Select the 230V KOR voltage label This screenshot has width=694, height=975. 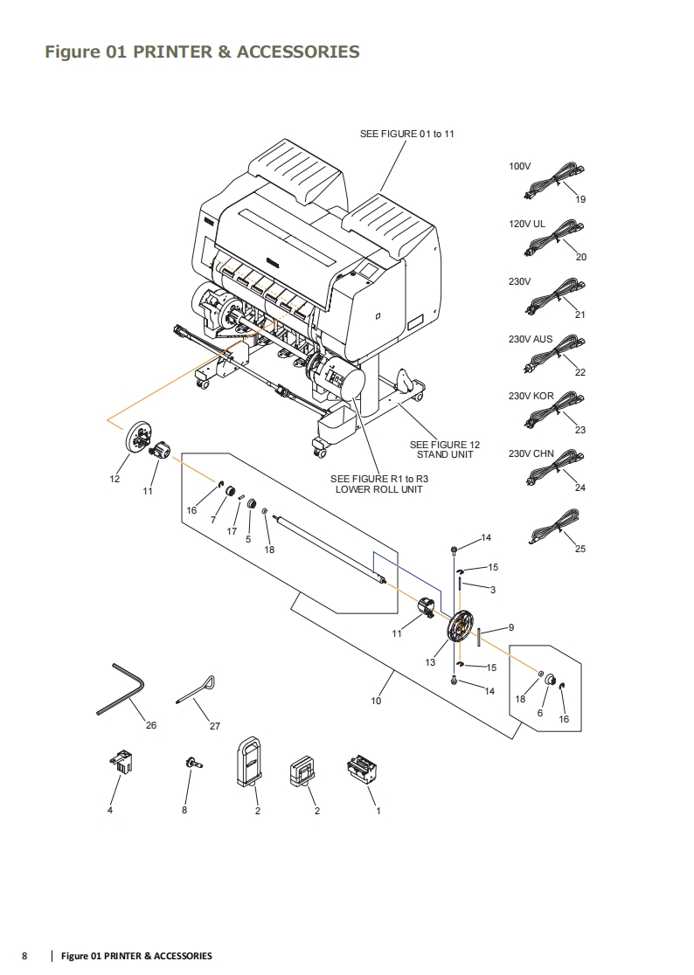point(531,396)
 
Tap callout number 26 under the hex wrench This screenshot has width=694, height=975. point(151,725)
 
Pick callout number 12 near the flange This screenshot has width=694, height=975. point(115,478)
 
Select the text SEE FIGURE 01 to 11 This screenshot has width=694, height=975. point(407,134)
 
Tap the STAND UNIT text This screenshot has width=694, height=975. point(445,455)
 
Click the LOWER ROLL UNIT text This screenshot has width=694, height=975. point(379,489)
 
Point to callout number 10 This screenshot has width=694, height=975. point(376,701)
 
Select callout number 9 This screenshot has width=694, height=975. point(511,627)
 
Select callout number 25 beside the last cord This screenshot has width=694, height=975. point(580,549)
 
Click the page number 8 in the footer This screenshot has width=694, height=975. point(24,956)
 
